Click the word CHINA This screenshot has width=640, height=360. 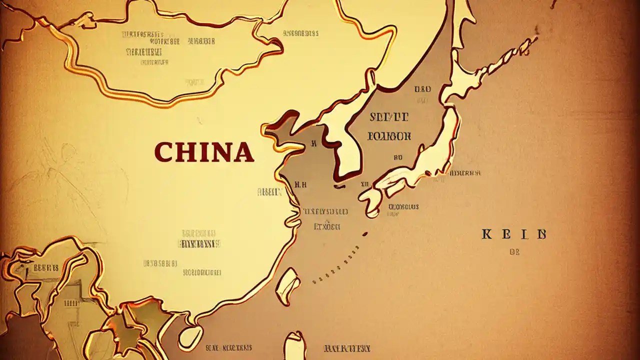[x=204, y=152]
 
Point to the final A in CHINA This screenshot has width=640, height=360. [x=243, y=152]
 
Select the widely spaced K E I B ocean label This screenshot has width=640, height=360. [x=514, y=234]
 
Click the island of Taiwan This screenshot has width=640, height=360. [x=289, y=285]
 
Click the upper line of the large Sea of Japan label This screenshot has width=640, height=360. [x=388, y=118]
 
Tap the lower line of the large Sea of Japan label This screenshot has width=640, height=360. [x=389, y=135]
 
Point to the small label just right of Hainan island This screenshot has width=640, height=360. [x=228, y=347]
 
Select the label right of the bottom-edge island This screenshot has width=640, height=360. [x=347, y=348]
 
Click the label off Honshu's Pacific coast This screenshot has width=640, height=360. [x=465, y=173]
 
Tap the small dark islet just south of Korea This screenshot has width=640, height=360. [x=339, y=186]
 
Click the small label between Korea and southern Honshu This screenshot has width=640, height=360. [x=398, y=157]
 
